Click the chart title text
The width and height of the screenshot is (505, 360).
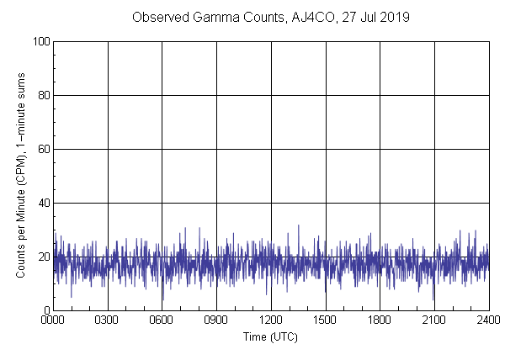click(x=271, y=17)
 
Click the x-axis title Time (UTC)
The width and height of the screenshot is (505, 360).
click(x=270, y=336)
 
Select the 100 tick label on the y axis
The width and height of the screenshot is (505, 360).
click(x=40, y=41)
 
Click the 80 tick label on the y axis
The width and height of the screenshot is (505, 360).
click(x=43, y=95)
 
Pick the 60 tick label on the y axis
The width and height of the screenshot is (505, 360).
click(x=43, y=149)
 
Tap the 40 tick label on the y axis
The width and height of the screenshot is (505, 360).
click(x=43, y=203)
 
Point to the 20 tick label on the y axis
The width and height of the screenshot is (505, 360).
click(x=43, y=257)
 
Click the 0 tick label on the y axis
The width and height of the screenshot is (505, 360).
click(x=45, y=310)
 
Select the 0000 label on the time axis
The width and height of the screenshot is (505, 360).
click(x=53, y=320)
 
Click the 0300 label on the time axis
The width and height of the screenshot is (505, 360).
click(x=108, y=320)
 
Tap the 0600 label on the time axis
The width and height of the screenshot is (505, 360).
click(x=162, y=320)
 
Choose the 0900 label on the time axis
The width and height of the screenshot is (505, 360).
click(x=216, y=320)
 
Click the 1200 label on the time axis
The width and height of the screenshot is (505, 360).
click(x=271, y=320)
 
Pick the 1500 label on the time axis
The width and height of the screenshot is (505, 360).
click(x=326, y=320)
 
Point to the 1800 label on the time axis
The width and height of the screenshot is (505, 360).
click(x=380, y=320)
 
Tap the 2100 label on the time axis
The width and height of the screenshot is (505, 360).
click(x=434, y=320)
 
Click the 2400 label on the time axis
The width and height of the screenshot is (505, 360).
click(x=488, y=320)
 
